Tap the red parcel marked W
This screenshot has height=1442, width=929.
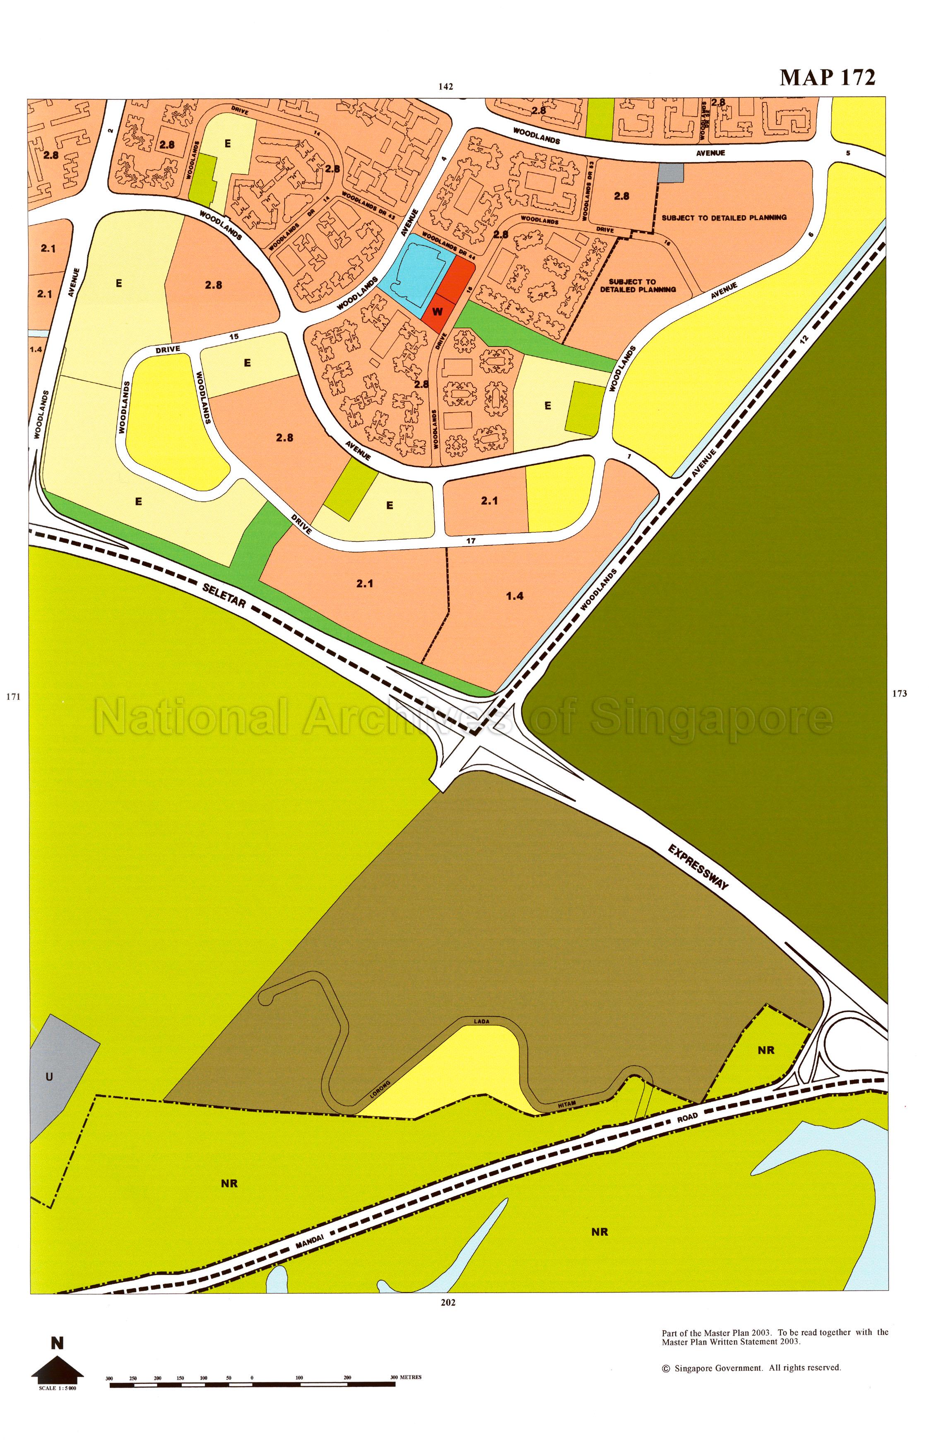tap(438, 312)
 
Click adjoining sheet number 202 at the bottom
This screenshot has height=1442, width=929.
tap(448, 1302)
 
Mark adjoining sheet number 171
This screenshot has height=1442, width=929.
tap(13, 697)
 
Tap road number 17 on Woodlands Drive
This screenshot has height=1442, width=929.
tap(471, 541)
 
